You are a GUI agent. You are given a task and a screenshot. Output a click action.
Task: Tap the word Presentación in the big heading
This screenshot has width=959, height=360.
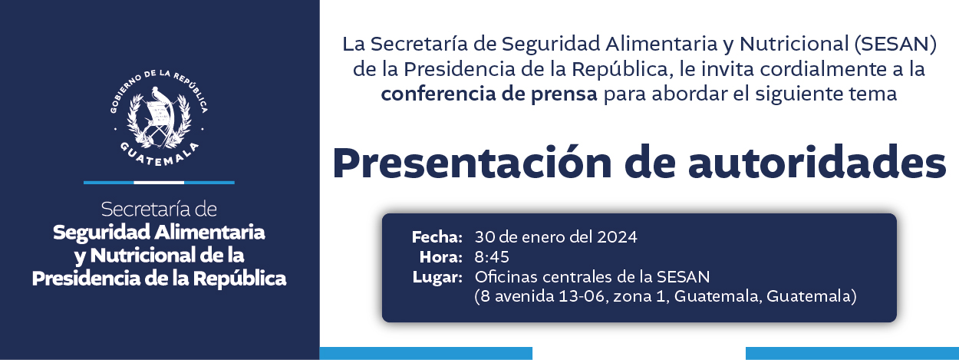472,164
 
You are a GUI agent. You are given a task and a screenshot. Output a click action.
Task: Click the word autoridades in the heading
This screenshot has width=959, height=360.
816,163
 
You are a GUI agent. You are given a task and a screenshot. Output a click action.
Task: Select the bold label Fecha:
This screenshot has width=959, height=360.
437,236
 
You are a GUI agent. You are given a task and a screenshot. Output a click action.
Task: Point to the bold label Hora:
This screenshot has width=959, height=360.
441,257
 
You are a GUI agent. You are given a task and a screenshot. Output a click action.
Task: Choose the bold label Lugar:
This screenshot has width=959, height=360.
437,278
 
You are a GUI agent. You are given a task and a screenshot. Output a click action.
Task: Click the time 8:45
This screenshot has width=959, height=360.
492,257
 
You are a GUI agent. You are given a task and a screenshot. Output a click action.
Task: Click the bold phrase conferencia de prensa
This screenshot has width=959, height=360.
489,94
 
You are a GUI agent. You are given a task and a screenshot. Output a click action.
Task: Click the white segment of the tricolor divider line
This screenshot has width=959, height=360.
159,183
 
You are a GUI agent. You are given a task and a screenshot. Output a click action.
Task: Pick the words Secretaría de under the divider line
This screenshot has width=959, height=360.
159,209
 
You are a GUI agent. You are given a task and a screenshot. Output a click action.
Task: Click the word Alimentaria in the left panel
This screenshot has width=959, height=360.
209,233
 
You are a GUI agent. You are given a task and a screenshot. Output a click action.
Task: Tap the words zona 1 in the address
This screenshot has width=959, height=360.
640,296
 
